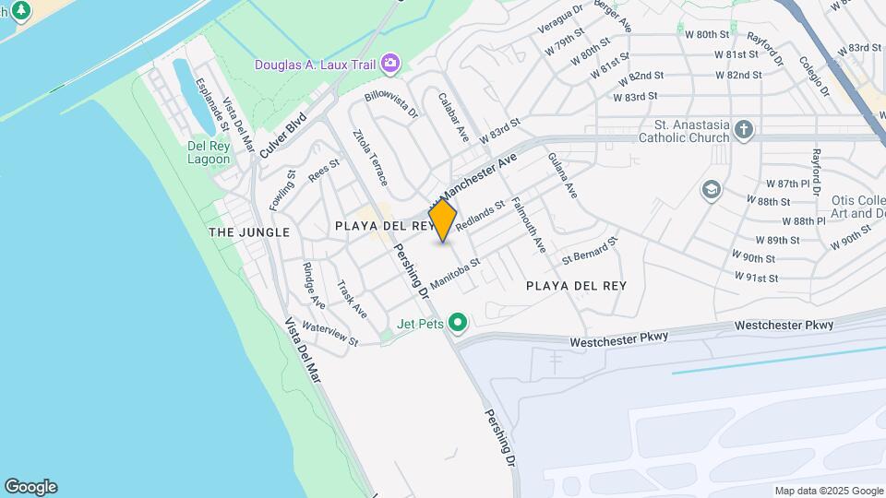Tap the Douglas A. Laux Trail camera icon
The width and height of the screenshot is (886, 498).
click(x=392, y=63)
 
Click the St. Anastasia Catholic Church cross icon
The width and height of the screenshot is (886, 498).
click(x=744, y=130)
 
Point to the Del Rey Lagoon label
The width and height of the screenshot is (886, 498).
click(x=209, y=152)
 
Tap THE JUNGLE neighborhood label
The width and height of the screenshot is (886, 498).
click(x=249, y=232)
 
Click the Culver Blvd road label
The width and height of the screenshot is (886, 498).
click(x=282, y=135)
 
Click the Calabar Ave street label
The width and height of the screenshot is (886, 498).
click(x=454, y=116)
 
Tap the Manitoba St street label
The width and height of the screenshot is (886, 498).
click(x=455, y=273)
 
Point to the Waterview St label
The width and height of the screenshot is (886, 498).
click(x=329, y=334)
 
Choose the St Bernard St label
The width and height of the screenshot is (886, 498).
click(x=589, y=249)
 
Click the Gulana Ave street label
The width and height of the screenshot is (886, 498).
click(x=562, y=175)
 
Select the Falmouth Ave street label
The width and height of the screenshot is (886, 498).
click(x=531, y=224)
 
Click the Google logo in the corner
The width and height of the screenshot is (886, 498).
click(x=30, y=487)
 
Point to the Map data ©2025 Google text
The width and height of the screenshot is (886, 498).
click(x=828, y=491)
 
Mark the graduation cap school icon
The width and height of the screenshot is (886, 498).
click(x=711, y=190)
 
